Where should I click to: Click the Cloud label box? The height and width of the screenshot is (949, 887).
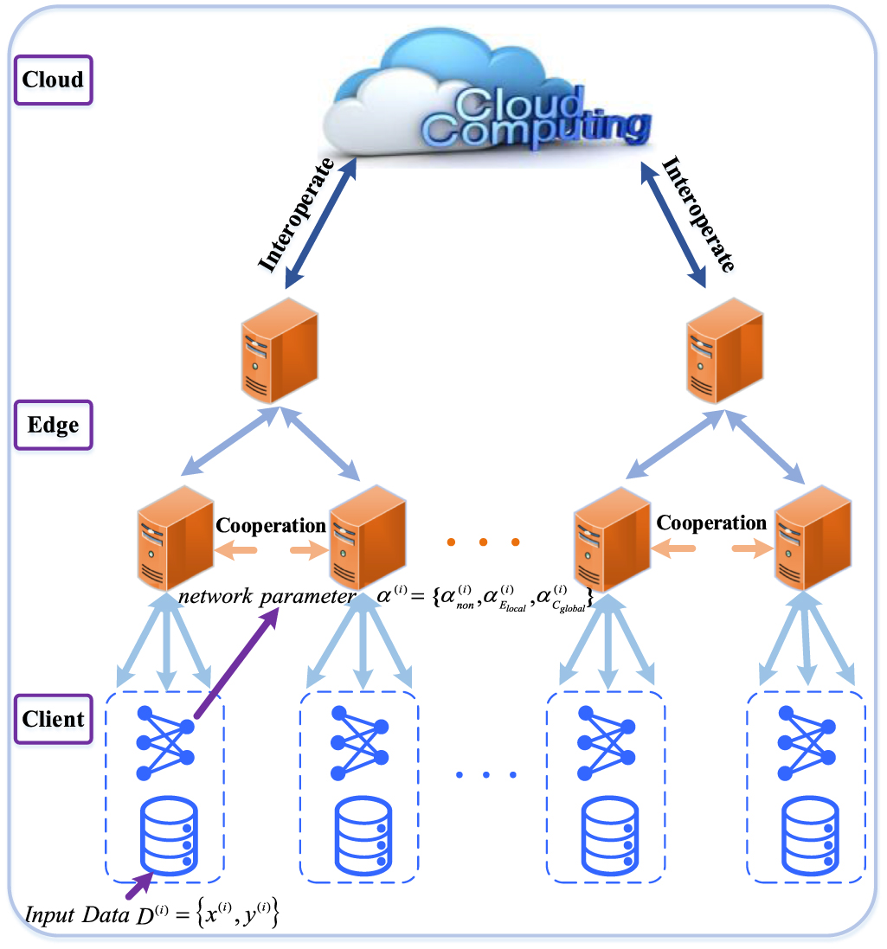click(53, 80)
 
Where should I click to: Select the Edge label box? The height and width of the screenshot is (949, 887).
click(53, 426)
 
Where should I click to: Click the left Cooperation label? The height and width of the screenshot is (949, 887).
click(270, 525)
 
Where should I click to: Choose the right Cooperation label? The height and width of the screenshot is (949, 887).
click(711, 523)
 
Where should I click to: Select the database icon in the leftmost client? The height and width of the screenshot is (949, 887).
click(164, 836)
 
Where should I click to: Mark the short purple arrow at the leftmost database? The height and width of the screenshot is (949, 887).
click(138, 885)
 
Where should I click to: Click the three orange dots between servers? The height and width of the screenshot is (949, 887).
click(483, 542)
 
